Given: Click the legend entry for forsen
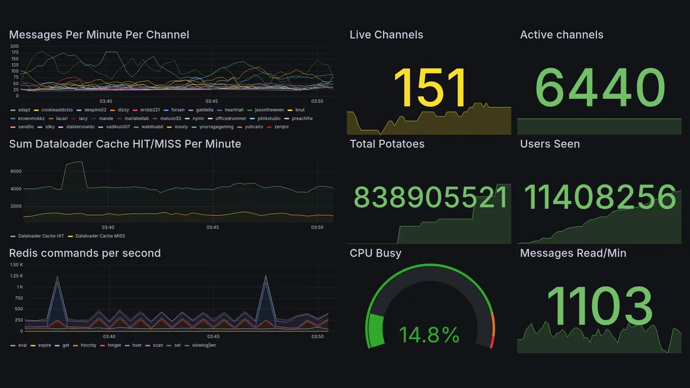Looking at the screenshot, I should click(177, 110).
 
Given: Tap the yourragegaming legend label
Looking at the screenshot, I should click(218, 127).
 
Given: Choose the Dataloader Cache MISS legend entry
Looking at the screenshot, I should click(100, 236).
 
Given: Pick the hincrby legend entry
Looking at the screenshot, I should click(88, 345).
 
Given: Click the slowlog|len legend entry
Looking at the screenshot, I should click(203, 345).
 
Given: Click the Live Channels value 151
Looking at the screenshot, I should click(430, 88).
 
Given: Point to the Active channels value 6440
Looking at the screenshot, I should click(599, 88).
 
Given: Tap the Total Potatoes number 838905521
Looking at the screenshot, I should click(430, 198).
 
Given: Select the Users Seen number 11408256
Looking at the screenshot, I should click(599, 198).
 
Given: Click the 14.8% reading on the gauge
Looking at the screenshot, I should click(430, 335).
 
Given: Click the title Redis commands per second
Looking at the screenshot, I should click(85, 253).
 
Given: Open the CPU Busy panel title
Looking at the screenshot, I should click(375, 253).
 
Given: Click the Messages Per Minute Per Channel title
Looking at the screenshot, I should click(99, 35).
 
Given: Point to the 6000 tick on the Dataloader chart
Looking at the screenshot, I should click(16, 171).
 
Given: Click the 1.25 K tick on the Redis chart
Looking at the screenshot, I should click(16, 276).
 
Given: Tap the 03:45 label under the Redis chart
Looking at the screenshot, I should click(212, 337).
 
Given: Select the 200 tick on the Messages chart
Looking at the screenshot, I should click(15, 46).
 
